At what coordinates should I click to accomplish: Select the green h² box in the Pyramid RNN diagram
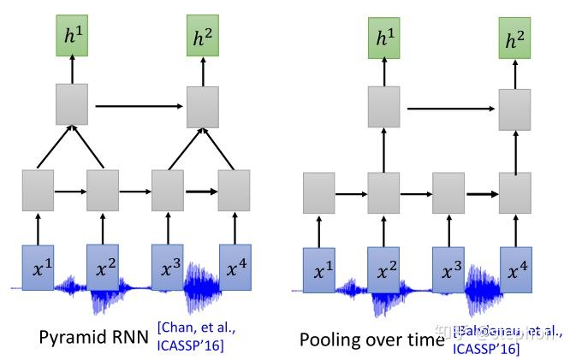tap(203, 37)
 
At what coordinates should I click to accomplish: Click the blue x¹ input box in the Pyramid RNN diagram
tap(38, 266)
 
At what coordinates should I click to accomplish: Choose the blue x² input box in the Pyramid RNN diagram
tap(103, 266)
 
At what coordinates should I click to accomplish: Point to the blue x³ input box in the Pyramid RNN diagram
tap(168, 266)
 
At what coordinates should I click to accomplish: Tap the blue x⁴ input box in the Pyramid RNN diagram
tap(235, 266)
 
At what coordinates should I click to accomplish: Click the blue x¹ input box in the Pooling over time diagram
tap(319, 271)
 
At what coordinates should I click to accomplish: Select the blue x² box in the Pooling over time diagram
tap(384, 271)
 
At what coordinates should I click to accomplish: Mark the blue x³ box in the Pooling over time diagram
tap(449, 271)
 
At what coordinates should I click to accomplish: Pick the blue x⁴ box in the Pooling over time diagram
tap(515, 271)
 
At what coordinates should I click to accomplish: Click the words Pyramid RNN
tap(95, 337)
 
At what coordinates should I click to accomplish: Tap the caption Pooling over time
tap(372, 339)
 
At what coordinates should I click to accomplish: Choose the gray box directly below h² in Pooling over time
tap(515, 109)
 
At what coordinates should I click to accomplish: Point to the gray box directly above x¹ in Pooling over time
tap(319, 193)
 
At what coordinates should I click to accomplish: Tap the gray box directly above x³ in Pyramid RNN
tap(168, 190)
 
